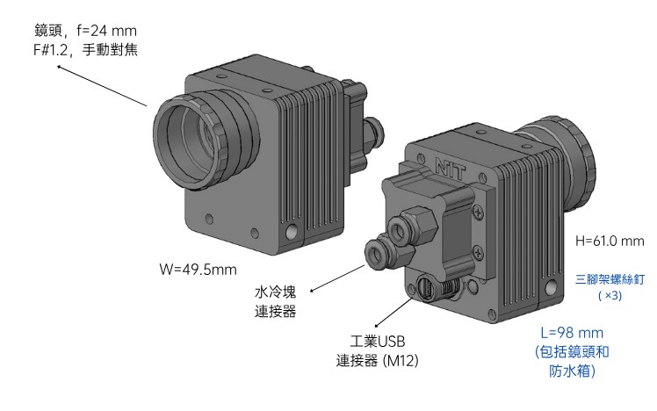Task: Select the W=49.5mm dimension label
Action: [x=198, y=269]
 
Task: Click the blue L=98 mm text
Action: [x=572, y=334]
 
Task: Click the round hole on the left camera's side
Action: [x=291, y=234]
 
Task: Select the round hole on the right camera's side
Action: [x=551, y=287]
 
